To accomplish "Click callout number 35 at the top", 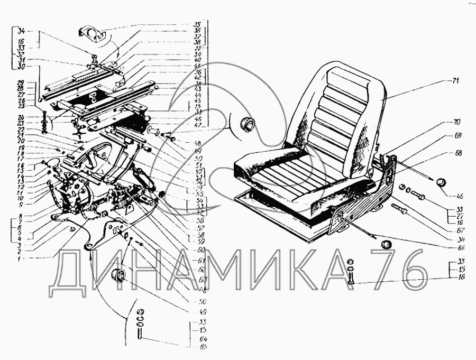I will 198,24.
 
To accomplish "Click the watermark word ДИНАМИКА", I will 212,271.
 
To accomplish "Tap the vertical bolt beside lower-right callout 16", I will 351,276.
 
